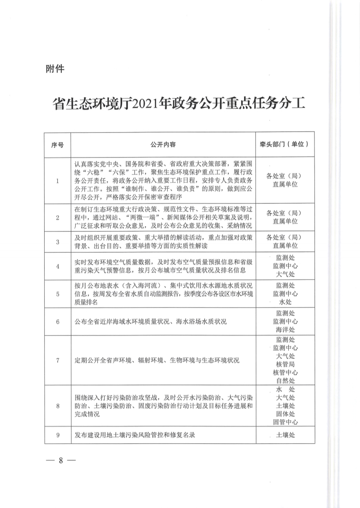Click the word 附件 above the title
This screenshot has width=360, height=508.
coord(55,69)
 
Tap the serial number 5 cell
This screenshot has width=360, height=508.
coord(57,294)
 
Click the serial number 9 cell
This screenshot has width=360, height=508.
coord(57,435)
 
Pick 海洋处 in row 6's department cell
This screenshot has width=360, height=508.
coord(285,329)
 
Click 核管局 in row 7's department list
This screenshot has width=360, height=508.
coord(285,364)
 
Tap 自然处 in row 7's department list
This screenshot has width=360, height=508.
coord(285,381)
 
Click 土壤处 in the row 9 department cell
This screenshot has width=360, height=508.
coord(285,435)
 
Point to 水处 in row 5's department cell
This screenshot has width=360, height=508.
coord(285,302)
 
